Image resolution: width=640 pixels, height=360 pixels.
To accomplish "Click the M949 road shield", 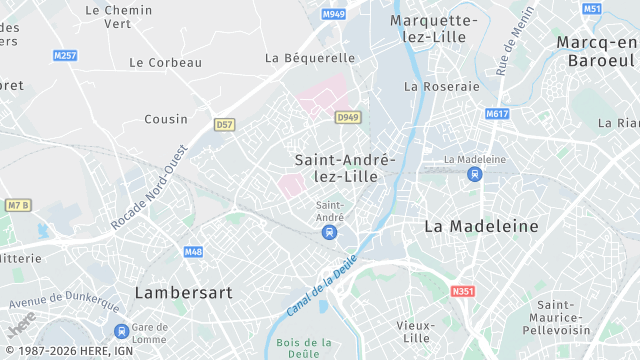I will (333, 15).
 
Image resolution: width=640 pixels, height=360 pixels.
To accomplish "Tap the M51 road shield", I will (592, 9).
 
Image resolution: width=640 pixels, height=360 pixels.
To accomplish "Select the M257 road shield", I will (65, 55).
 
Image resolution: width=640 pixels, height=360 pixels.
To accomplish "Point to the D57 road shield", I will (224, 125).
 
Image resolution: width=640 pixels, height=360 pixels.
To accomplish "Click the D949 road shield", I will (347, 117).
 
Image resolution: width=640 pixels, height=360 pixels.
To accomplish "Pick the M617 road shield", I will (497, 114).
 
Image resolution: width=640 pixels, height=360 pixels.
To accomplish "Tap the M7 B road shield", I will (18, 205).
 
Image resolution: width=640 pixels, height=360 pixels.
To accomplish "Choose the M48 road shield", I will (193, 252).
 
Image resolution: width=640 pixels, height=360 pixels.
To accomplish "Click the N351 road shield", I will (462, 291).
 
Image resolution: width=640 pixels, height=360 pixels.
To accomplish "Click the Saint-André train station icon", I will (329, 232).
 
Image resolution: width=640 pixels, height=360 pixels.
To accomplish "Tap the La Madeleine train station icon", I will (475, 174).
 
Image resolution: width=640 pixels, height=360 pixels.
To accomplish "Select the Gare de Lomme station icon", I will (121, 331).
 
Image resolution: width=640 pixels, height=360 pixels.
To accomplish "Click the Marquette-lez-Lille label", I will (433, 28).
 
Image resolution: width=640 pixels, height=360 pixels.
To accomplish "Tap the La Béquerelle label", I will (310, 58).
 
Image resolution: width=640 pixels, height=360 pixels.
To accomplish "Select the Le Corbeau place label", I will (165, 62).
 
